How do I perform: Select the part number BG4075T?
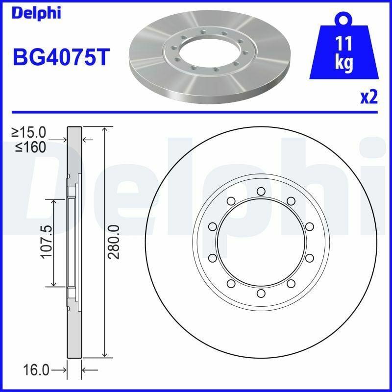[x=60, y=57]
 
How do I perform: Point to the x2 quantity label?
[x=369, y=98]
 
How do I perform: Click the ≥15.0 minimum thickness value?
[x=29, y=132]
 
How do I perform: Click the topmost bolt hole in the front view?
[x=261, y=191]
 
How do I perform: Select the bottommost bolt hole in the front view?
[x=261, y=293]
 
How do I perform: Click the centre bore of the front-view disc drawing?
[x=261, y=242]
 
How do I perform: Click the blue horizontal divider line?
[x=196, y=112]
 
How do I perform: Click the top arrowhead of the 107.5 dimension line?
[x=53, y=201]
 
